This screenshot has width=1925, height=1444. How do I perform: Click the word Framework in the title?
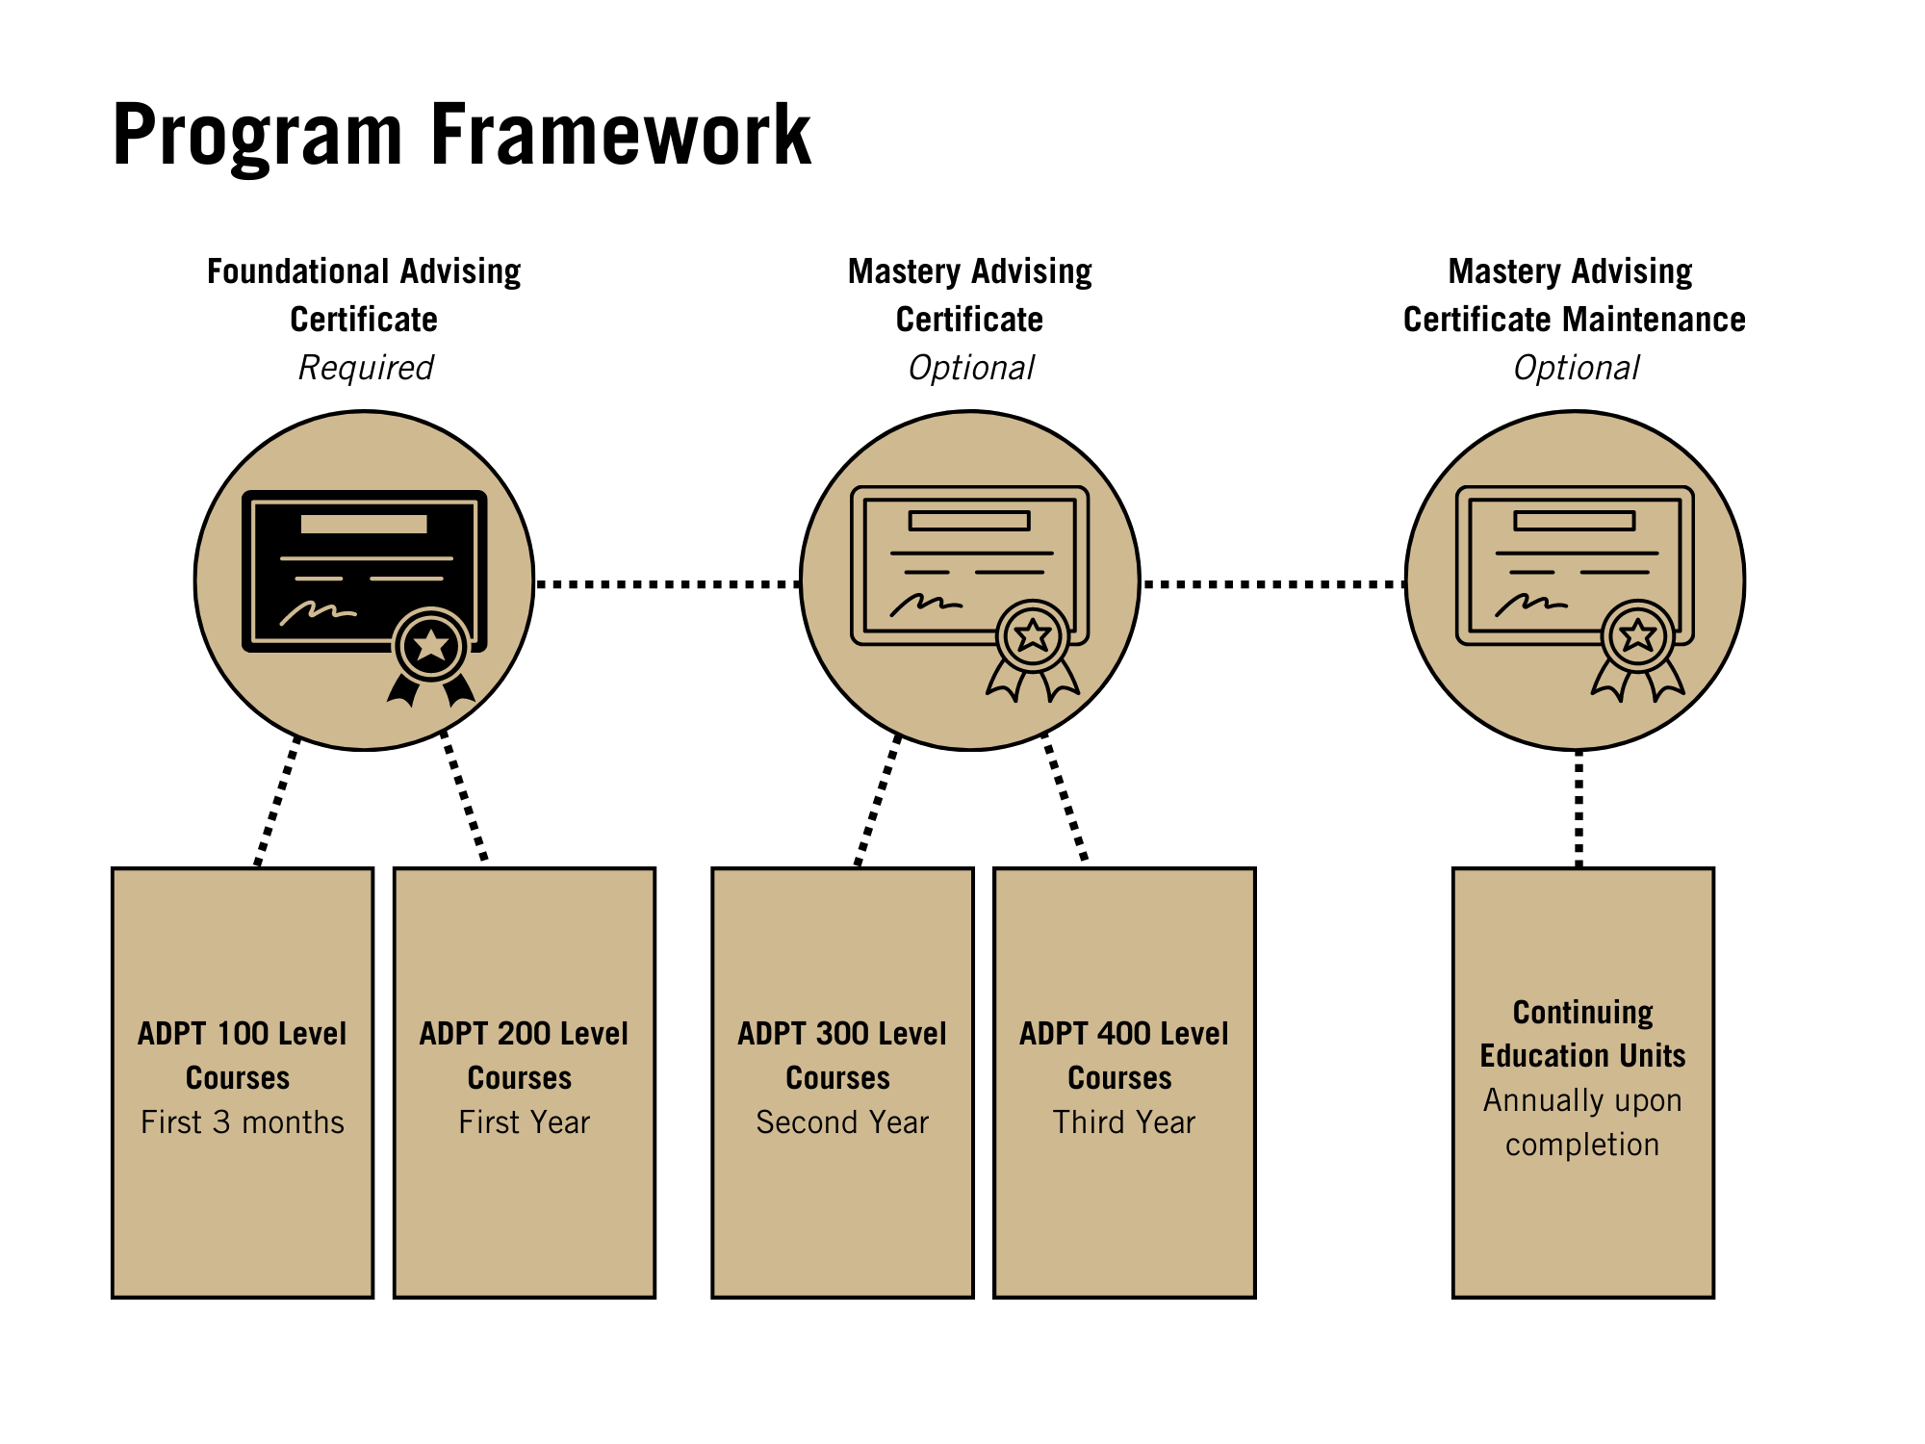click(620, 135)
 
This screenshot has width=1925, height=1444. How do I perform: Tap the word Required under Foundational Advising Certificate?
click(366, 368)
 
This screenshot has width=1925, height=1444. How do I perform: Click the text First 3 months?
click(243, 1122)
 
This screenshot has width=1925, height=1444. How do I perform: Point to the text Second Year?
click(842, 1122)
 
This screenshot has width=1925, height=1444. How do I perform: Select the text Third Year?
click(1124, 1122)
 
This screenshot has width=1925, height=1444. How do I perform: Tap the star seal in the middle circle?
click(1033, 635)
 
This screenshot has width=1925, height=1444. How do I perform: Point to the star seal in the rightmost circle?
click(1637, 635)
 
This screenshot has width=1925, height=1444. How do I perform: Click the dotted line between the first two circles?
click(667, 583)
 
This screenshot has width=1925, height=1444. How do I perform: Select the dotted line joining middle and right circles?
click(1272, 583)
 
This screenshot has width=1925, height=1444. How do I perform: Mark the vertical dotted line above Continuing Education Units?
click(1578, 809)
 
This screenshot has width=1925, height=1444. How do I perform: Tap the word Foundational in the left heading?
click(297, 271)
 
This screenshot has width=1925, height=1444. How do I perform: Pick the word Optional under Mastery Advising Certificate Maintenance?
click(1576, 368)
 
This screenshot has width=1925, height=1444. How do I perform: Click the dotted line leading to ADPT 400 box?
click(1065, 797)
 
